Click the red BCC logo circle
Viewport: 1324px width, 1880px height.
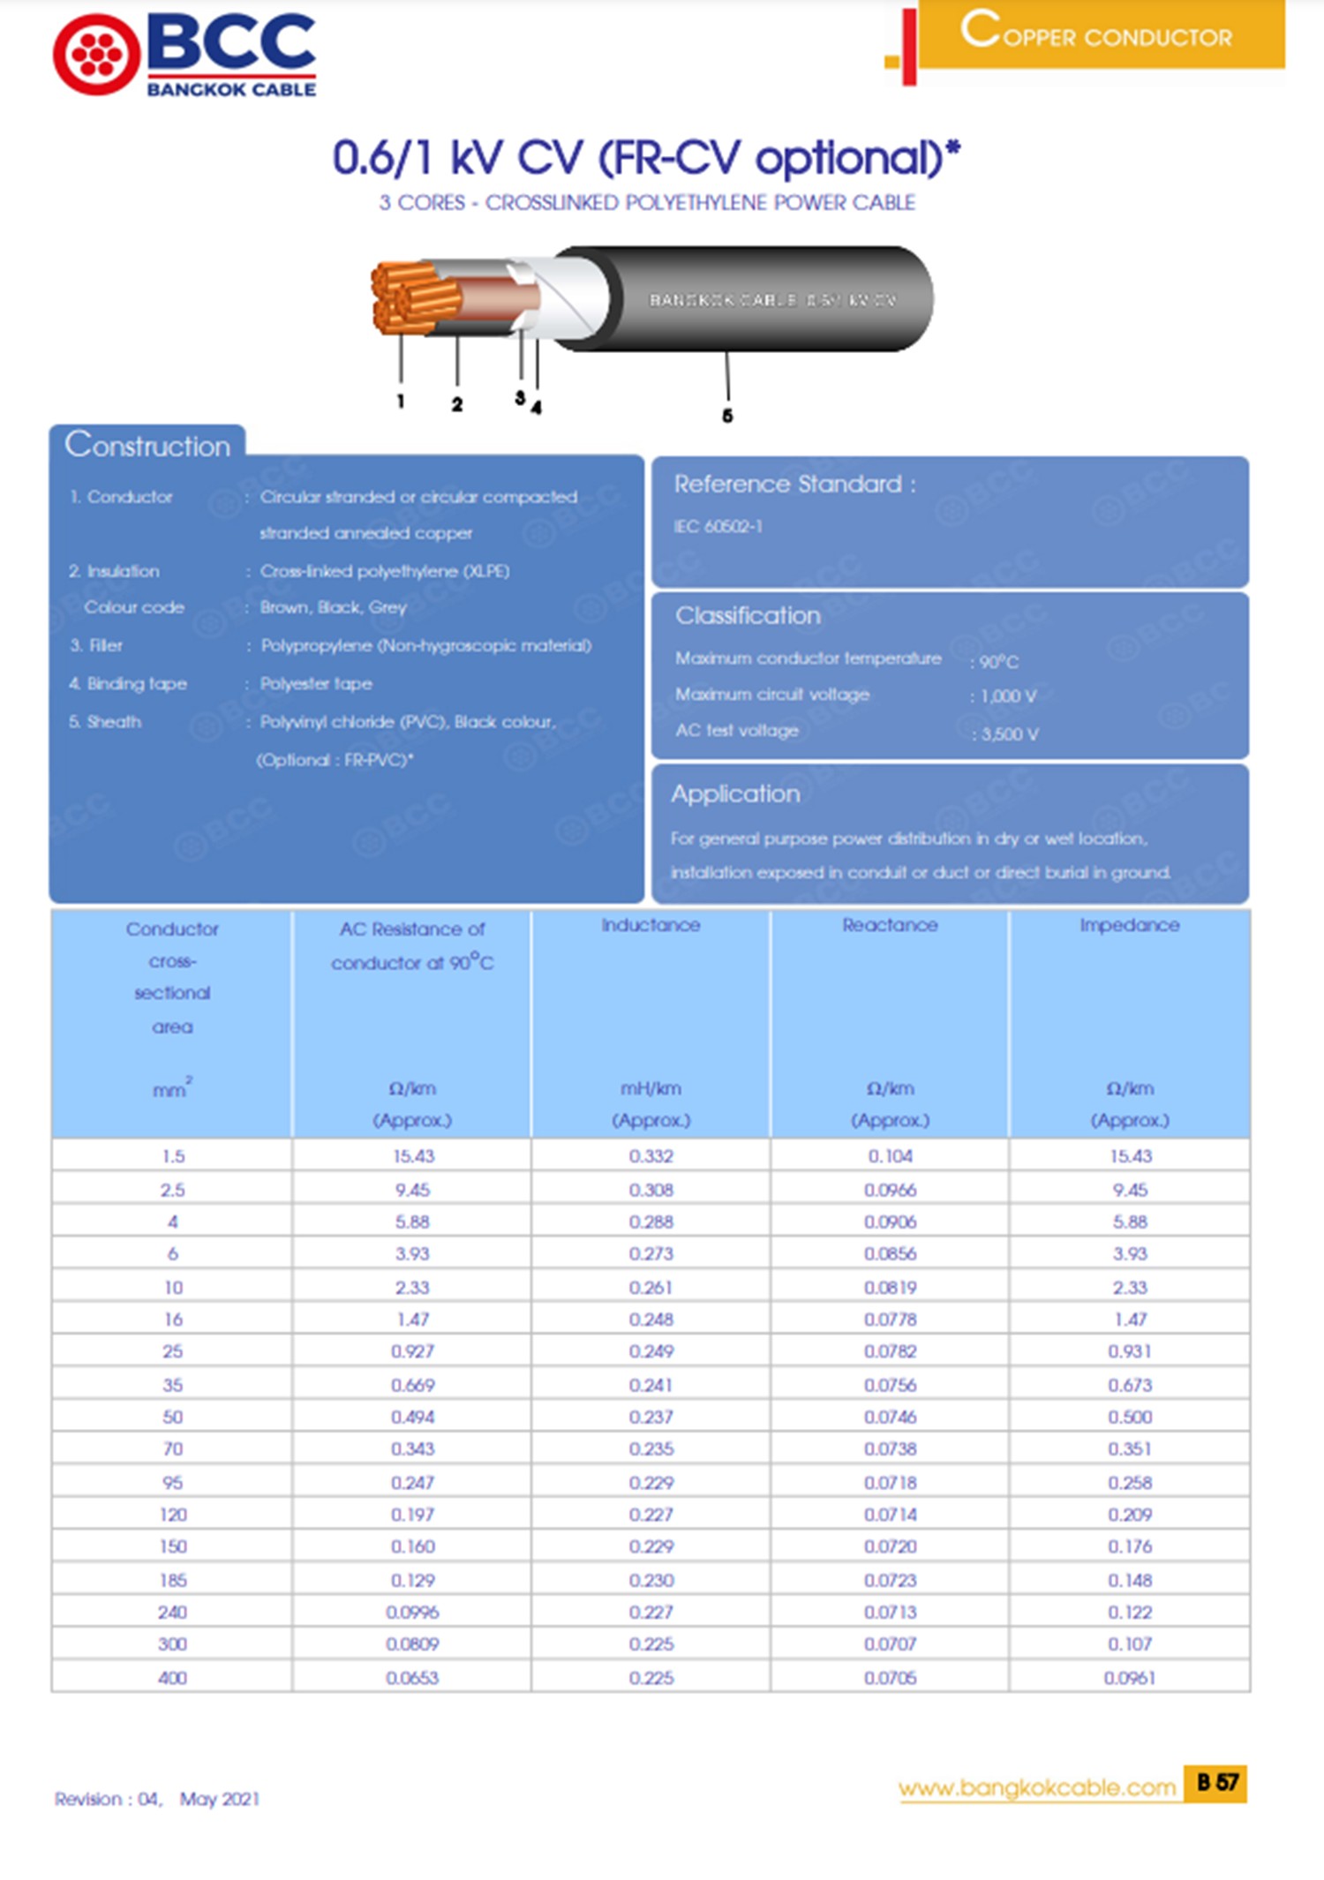(x=96, y=55)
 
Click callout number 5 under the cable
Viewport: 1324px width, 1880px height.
(x=727, y=415)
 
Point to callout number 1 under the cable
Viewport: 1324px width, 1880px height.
(x=400, y=401)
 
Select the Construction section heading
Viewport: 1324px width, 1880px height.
(x=147, y=445)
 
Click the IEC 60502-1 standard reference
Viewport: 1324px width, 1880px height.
(x=718, y=527)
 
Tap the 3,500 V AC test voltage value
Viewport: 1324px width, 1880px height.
(x=1009, y=733)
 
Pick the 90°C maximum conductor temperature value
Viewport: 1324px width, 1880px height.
(x=998, y=661)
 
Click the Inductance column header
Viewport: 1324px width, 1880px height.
(x=651, y=925)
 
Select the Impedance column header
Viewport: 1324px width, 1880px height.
(x=1129, y=925)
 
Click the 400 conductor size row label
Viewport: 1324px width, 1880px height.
(x=172, y=1677)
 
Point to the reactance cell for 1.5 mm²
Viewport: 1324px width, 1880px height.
(x=890, y=1156)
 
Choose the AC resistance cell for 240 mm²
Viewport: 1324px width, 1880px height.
(x=412, y=1612)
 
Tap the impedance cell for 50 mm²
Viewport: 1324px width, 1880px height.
(x=1130, y=1417)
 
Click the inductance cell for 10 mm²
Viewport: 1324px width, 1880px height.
(x=651, y=1287)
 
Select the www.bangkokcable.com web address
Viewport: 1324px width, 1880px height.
(x=1037, y=1787)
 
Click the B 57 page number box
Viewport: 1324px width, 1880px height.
(x=1216, y=1783)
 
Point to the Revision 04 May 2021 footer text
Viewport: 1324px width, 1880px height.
(x=157, y=1799)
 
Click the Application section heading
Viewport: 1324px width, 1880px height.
(x=735, y=793)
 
